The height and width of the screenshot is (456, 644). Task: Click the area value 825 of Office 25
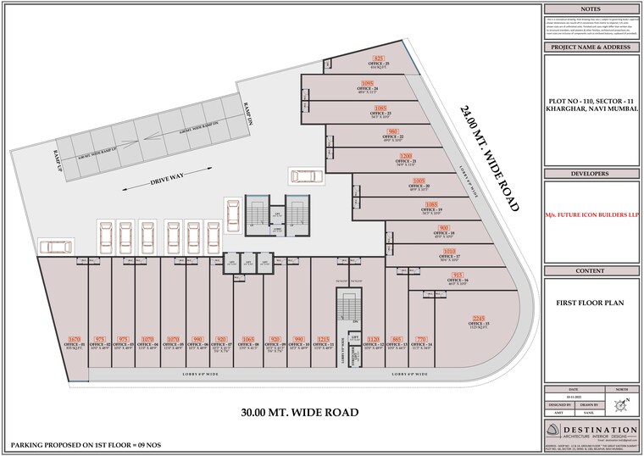pyautogui.click(x=379, y=58)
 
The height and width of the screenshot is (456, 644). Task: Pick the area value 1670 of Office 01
pyautogui.click(x=74, y=338)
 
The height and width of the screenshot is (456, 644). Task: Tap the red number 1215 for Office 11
pyautogui.click(x=324, y=338)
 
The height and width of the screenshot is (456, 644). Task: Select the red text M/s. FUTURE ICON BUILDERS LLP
pyautogui.click(x=591, y=215)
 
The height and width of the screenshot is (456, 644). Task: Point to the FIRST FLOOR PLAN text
pyautogui.click(x=591, y=301)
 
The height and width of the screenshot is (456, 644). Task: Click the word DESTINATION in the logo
pyautogui.click(x=599, y=425)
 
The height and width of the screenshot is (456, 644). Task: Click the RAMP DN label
pyautogui.click(x=248, y=114)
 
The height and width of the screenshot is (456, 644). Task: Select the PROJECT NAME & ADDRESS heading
pyautogui.click(x=591, y=48)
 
